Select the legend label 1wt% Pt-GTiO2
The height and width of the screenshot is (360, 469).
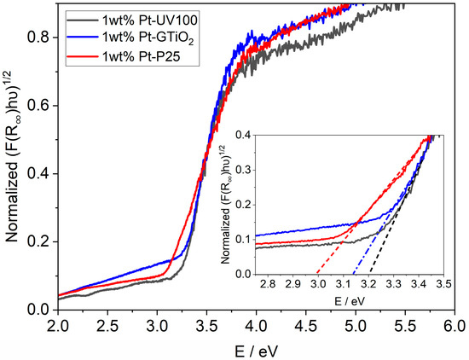[x=148, y=39]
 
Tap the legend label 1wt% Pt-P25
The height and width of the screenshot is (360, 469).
[x=142, y=56]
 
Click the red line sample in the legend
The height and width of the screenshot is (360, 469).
[x=84, y=56]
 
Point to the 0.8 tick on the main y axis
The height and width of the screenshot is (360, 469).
[x=57, y=38]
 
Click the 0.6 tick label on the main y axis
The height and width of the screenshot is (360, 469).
[x=39, y=106]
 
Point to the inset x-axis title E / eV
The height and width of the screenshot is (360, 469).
[x=350, y=301]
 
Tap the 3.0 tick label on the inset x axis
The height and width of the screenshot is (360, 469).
[x=318, y=284]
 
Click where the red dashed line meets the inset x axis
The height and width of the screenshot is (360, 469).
[x=316, y=274]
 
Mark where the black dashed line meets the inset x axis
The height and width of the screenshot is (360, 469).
[x=371, y=274]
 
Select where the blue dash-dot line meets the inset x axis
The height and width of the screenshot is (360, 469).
[x=353, y=274]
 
